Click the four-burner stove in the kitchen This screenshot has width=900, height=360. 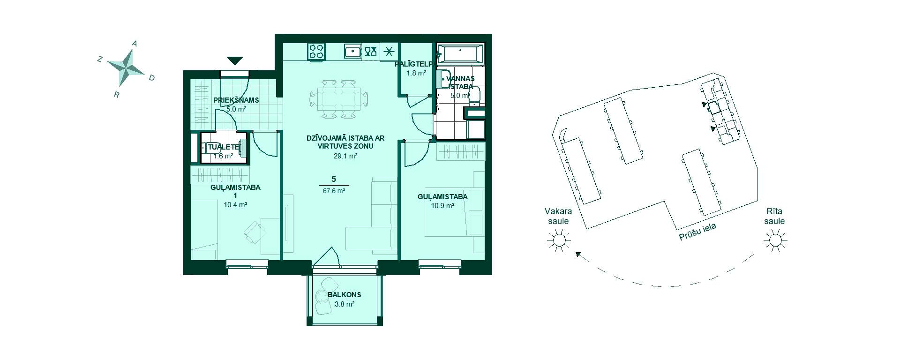point(316,51)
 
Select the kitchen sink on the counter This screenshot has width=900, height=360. point(352,51)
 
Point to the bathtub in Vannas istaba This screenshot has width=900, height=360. point(460,53)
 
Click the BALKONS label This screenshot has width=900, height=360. point(345,295)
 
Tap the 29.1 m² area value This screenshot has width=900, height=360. point(345,156)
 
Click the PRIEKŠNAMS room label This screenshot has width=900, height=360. point(236,100)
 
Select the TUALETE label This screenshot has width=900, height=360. point(224,147)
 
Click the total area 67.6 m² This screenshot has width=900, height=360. point(334,191)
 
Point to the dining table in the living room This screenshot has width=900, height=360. point(338,99)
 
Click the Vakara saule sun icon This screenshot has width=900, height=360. point(559,241)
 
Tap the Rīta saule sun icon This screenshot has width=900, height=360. point(775,241)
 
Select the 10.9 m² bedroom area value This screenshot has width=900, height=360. point(442,205)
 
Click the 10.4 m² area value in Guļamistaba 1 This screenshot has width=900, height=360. point(235,205)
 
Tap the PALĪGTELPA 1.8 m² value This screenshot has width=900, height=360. point(416,73)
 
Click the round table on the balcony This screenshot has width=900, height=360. point(322,297)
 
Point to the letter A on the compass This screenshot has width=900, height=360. point(135,44)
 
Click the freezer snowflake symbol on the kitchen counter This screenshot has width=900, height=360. point(389,51)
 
